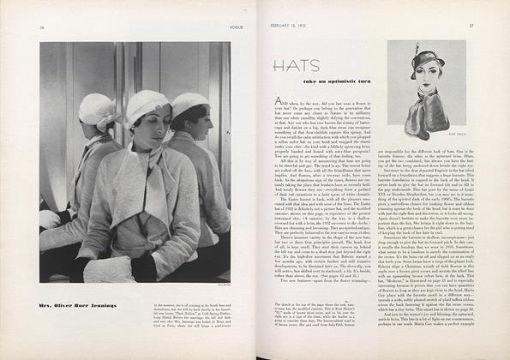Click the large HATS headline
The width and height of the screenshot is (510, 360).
[297, 66]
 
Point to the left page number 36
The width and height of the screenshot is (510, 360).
[41, 27]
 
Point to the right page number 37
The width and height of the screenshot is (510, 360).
[471, 26]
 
